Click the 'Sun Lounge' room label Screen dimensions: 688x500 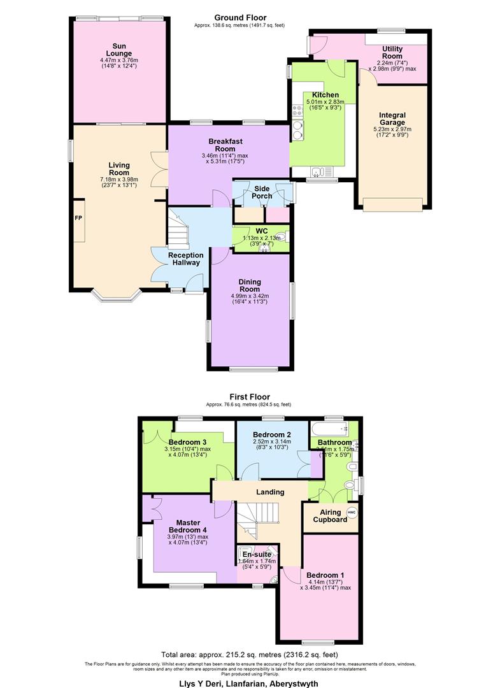(118, 50)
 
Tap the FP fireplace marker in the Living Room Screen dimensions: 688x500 (78, 218)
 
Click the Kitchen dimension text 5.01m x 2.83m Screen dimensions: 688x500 (324, 102)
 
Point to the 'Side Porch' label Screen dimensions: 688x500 (262, 192)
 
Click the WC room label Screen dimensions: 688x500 (261, 231)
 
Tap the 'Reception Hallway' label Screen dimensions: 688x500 (185, 259)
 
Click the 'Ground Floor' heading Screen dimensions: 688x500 (240, 17)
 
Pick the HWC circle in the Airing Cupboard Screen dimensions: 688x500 (352, 512)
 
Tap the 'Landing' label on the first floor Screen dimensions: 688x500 (271, 492)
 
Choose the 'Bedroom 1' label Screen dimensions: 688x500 (325, 575)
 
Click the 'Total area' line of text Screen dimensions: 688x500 (249, 654)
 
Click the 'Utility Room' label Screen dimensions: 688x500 (392, 52)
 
